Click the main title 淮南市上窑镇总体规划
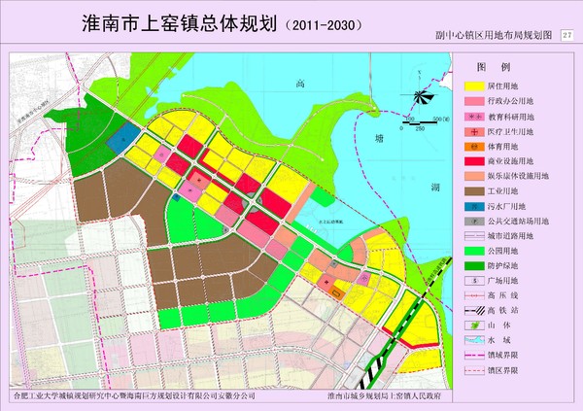pos(180,21)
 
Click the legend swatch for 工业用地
pos(470,191)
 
